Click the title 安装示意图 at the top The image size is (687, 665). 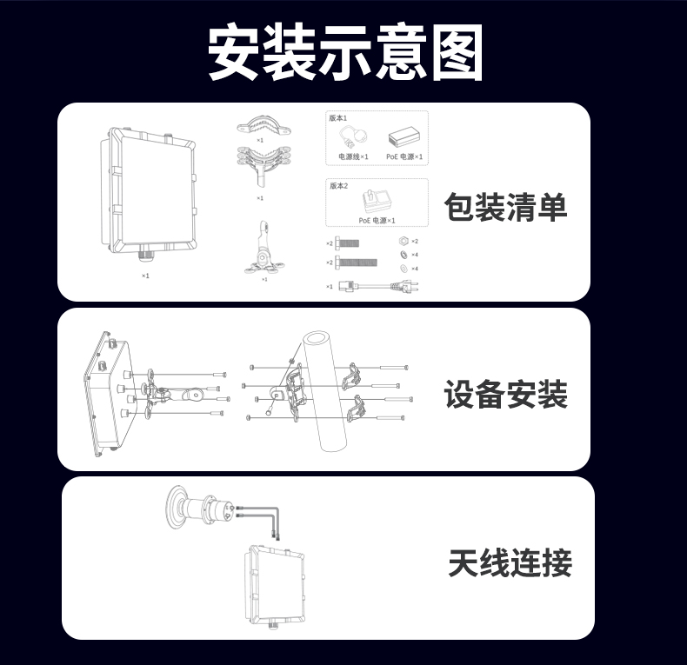click(x=344, y=53)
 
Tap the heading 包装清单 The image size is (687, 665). click(x=505, y=208)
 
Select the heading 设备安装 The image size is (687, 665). click(x=505, y=394)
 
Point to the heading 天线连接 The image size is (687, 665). click(x=510, y=563)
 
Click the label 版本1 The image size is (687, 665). click(x=338, y=117)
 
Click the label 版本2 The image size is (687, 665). click(x=338, y=186)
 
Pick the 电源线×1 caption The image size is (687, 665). click(x=353, y=156)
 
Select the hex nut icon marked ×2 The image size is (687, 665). click(x=403, y=241)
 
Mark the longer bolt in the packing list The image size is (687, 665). click(x=357, y=262)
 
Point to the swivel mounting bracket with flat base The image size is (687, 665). click(x=263, y=251)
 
